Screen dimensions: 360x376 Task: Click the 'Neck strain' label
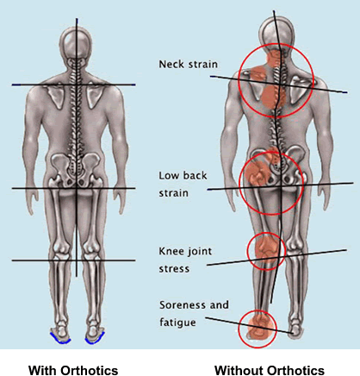point(188,64)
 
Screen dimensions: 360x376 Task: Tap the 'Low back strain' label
point(183,184)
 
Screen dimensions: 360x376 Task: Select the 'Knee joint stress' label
point(185,260)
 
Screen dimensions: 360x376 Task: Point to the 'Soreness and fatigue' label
point(194,313)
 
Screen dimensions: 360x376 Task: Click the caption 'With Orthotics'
point(73,370)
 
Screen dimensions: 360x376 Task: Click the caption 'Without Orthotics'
point(270,370)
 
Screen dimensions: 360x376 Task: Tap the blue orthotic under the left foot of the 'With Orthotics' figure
point(60,338)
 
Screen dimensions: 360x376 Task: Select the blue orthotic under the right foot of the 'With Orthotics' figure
point(95,338)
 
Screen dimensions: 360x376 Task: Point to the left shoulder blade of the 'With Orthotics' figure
point(56,97)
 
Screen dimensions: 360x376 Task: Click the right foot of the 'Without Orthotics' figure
point(295,329)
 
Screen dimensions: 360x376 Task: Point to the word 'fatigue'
point(177,322)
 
